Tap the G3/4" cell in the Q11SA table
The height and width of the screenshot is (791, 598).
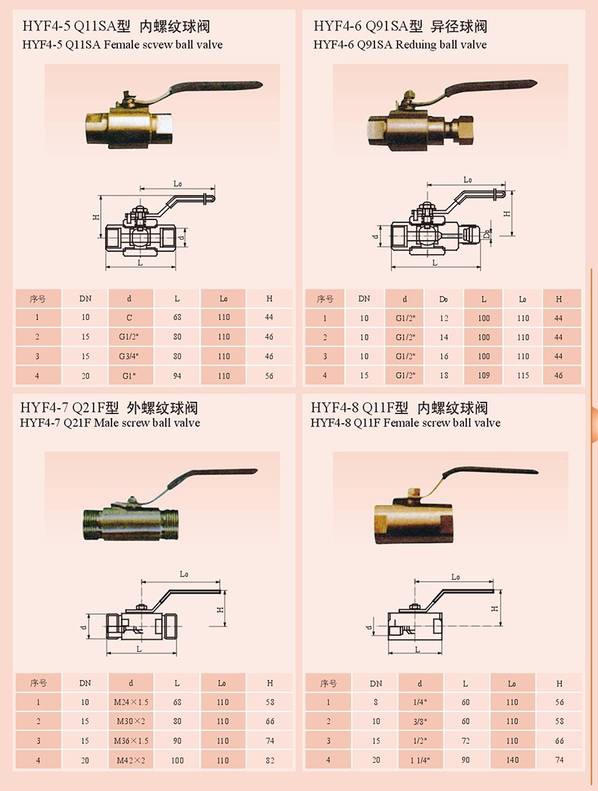(x=129, y=356)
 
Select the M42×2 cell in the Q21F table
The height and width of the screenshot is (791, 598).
(x=131, y=760)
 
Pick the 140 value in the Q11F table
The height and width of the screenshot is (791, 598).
(x=512, y=760)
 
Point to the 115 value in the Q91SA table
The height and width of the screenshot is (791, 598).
(x=523, y=375)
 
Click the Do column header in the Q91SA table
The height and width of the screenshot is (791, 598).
(x=443, y=300)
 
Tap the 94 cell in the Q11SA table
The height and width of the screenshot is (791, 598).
(x=177, y=376)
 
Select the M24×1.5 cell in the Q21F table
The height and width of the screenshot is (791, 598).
(x=131, y=702)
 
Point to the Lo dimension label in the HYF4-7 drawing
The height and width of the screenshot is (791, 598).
(x=184, y=574)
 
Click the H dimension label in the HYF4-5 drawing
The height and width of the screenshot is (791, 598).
(x=96, y=217)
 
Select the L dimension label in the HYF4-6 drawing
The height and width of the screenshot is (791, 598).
(x=435, y=263)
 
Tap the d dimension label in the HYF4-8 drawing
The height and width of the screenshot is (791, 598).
(x=369, y=628)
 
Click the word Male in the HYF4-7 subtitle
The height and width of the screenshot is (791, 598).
(x=106, y=423)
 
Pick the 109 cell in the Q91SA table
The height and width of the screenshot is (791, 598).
(x=484, y=375)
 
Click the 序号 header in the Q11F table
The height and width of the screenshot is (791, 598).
(x=328, y=683)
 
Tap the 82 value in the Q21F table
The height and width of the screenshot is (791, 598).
(x=270, y=760)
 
